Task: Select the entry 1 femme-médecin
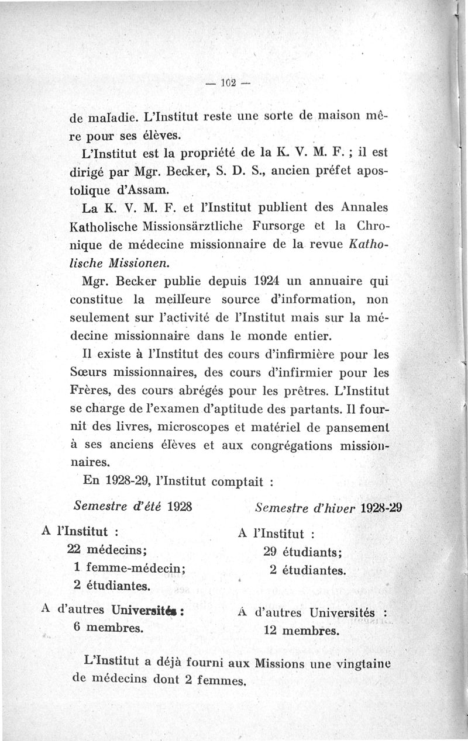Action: pyautogui.click(x=126, y=567)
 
